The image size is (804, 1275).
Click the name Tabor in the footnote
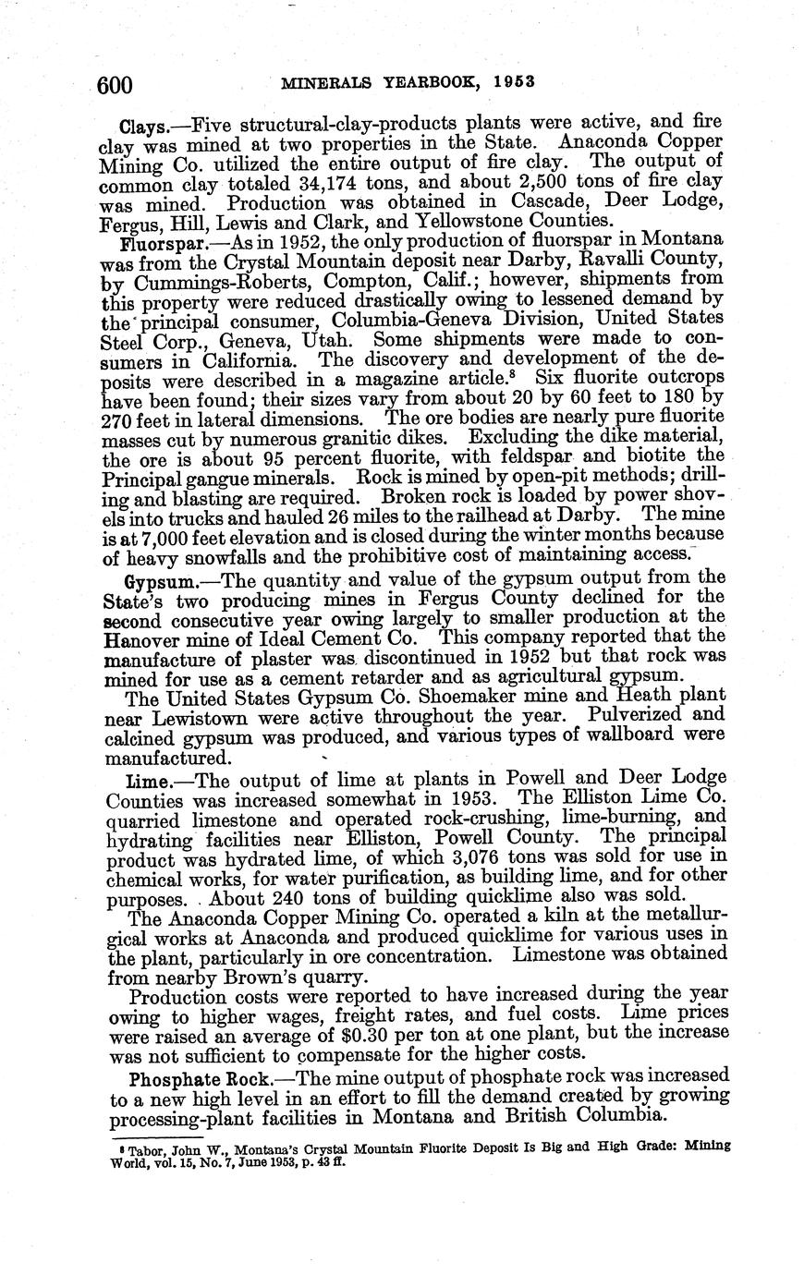coord(133,1147)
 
